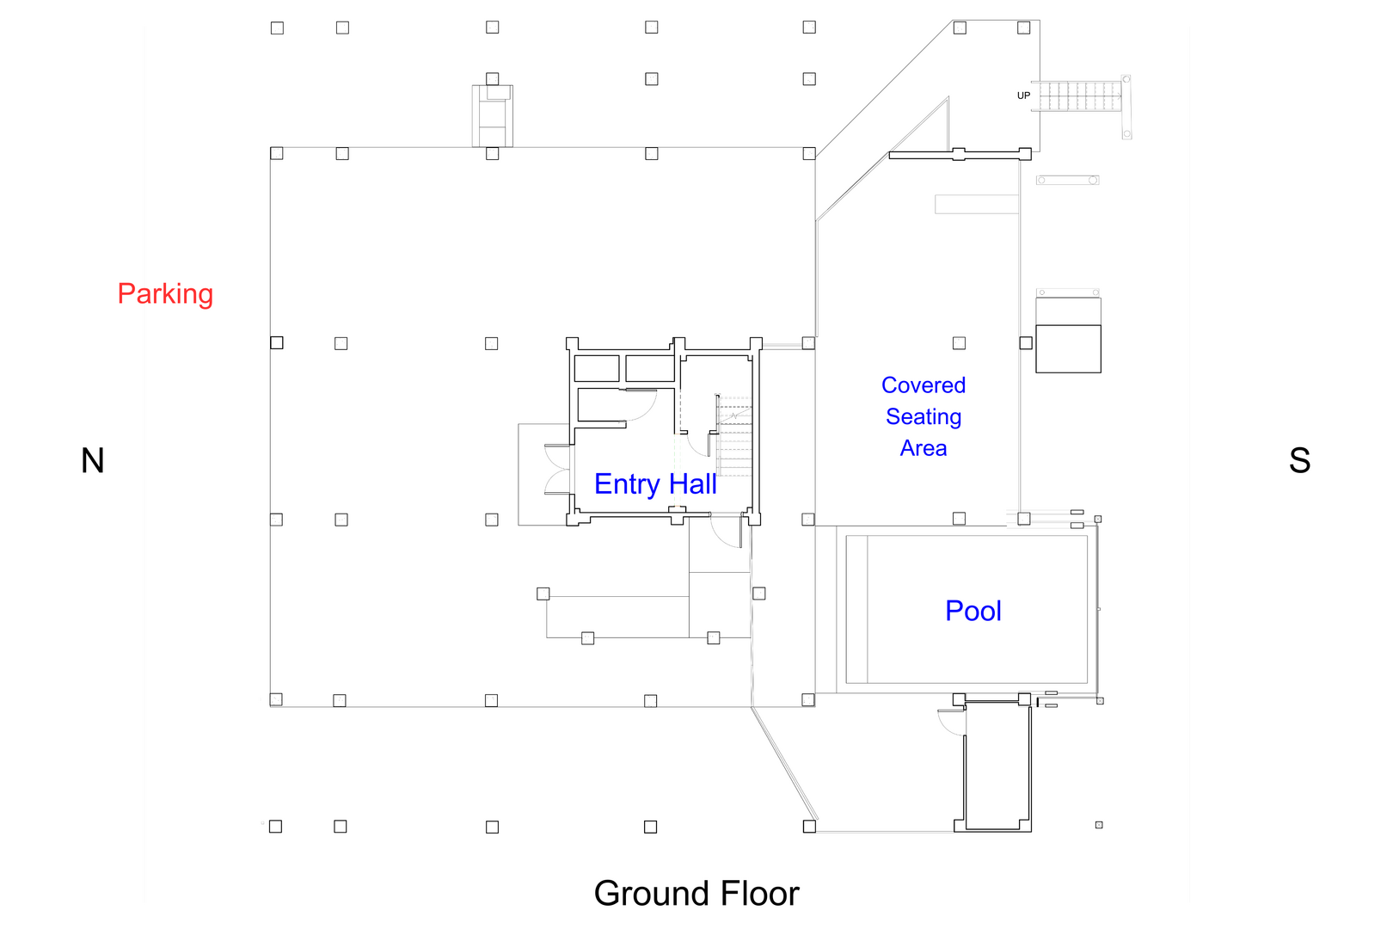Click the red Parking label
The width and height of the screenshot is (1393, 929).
(165, 294)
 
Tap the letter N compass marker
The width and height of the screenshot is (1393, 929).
(93, 461)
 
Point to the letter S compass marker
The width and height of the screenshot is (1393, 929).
(1299, 461)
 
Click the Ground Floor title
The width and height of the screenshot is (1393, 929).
(696, 894)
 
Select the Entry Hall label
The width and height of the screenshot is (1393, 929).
(655, 484)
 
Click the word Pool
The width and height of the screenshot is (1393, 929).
(973, 611)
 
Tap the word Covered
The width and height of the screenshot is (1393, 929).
(924, 385)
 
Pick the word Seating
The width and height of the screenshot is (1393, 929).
(924, 417)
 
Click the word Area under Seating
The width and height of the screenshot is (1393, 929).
(924, 448)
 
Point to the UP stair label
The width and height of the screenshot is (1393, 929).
(1023, 95)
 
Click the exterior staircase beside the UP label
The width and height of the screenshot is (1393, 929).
(1080, 95)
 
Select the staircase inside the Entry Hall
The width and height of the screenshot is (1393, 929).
(734, 436)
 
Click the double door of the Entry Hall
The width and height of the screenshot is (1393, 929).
(557, 470)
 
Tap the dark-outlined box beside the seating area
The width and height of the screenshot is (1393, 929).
(1068, 348)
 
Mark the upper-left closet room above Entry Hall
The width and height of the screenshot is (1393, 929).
(597, 368)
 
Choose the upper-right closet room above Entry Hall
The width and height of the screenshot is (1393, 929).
(649, 368)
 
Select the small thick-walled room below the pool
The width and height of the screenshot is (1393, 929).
(997, 766)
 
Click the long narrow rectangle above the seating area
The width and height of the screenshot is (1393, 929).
(977, 204)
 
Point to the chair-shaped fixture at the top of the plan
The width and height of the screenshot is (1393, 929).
(493, 114)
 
